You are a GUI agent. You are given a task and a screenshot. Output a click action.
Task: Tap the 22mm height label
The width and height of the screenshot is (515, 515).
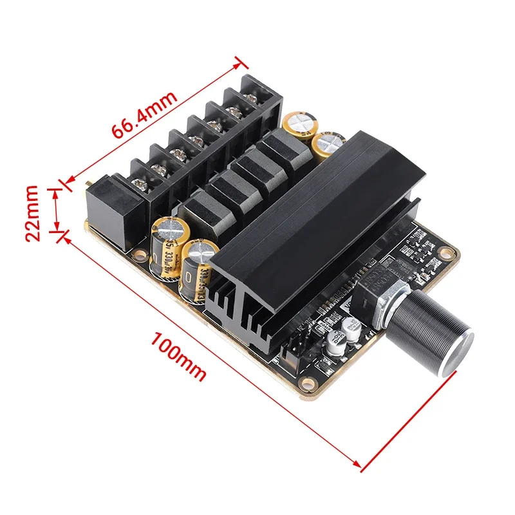coord(34,213)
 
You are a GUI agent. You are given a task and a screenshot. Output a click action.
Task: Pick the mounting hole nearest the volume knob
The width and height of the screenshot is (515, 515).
coord(445,252)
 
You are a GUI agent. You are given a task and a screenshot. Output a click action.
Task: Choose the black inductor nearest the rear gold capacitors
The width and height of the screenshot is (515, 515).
coord(283,148)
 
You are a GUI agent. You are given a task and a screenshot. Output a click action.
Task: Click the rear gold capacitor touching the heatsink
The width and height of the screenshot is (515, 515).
coord(329,145)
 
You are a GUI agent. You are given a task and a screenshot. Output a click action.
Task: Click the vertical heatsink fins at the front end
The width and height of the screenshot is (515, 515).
coord(245,315)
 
